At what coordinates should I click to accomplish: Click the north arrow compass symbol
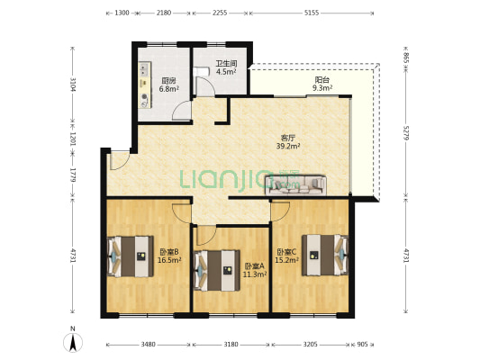tap(73, 342)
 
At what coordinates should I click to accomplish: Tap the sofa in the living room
tap(295, 185)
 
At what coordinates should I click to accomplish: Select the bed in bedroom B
tap(130, 256)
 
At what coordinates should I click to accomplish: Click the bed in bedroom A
tap(217, 270)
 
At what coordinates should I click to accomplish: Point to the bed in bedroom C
tap(325, 255)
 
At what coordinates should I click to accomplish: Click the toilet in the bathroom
tap(201, 72)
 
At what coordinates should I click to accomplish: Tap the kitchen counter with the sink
tap(144, 85)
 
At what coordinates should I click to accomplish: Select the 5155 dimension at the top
tap(312, 13)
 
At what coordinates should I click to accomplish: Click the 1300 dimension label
tap(122, 13)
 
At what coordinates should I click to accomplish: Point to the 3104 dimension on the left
tap(73, 85)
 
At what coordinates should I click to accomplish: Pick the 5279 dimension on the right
tap(406, 132)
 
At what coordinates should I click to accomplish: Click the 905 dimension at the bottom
tap(362, 345)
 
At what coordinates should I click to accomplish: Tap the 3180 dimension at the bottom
tap(231, 345)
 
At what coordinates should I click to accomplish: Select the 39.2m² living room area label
tap(288, 146)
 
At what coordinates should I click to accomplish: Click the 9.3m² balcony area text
tap(322, 88)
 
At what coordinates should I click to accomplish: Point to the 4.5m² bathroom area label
tap(226, 72)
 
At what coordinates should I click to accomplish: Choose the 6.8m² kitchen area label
tap(168, 89)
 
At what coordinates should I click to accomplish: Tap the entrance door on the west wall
tap(120, 160)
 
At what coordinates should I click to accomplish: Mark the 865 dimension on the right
tap(406, 58)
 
